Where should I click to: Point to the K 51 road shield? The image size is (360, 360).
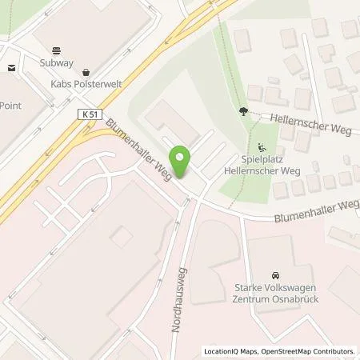(91, 115)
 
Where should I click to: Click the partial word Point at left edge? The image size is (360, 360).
(10, 105)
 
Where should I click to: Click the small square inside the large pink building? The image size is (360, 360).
(122, 237)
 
